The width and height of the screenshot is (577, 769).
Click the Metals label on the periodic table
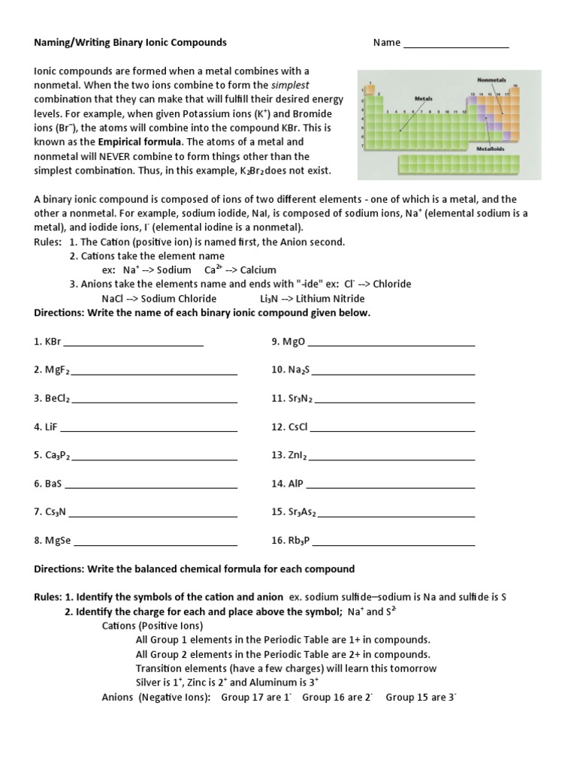click(423, 98)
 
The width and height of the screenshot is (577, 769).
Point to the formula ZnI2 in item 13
click(298, 456)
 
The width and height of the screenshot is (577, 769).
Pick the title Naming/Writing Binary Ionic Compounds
click(130, 43)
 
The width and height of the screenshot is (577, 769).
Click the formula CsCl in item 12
click(298, 427)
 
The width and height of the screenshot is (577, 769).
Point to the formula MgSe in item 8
click(58, 541)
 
